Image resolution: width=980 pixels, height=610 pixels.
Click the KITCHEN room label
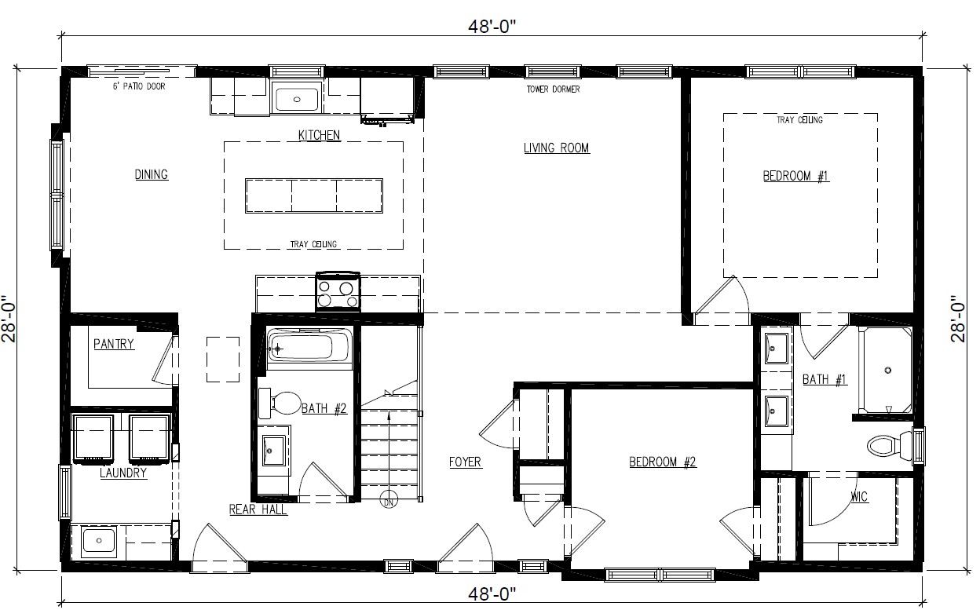pos(319,135)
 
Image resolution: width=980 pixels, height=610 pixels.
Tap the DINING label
pos(152,174)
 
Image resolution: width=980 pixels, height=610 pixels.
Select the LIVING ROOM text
pos(556,148)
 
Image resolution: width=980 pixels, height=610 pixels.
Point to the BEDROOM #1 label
pos(795,176)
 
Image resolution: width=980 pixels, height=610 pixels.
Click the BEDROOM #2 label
pos(663,462)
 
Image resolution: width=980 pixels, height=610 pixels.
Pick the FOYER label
pos(465,462)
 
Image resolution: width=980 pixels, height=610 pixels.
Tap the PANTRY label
pos(114,344)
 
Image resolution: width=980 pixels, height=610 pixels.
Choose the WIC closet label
pos(859,496)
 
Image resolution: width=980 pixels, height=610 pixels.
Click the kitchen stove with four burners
pos(338,292)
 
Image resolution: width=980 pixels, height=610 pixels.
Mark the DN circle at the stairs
pos(388,502)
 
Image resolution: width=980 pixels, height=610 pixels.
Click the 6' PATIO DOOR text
pos(139,86)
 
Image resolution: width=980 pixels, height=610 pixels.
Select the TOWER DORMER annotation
pos(553,89)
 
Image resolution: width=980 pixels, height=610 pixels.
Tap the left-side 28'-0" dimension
pos(10,319)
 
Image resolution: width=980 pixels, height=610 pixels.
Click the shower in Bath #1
pos(887,370)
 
